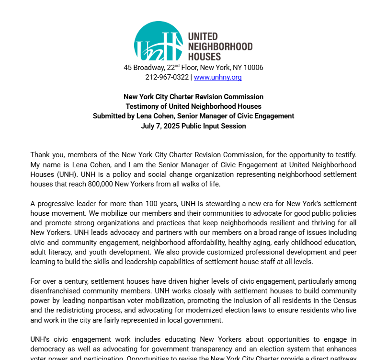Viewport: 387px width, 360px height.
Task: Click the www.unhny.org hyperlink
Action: point(217,77)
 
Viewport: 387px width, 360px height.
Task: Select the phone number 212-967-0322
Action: point(167,77)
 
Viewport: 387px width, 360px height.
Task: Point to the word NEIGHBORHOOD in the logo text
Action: point(220,46)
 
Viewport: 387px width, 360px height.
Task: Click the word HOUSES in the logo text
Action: point(205,57)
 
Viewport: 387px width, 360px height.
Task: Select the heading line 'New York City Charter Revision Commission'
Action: point(193,97)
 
